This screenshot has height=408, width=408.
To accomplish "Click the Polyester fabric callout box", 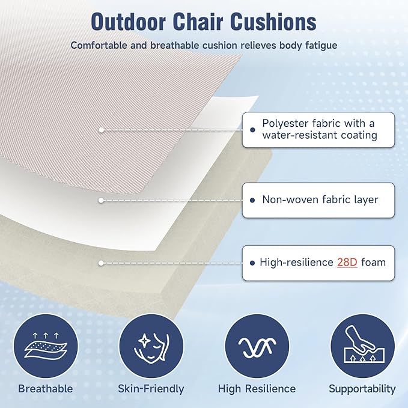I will pyautogui.click(x=318, y=129).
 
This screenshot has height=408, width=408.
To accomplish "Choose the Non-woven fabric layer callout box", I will pyautogui.click(x=318, y=199).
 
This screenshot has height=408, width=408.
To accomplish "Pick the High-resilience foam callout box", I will pyautogui.click(x=318, y=263).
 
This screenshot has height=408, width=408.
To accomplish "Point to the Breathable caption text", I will pyautogui.click(x=45, y=389).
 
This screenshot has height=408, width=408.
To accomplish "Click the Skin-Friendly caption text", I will pyautogui.click(x=151, y=389).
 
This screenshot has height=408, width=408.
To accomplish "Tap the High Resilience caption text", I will pyautogui.click(x=257, y=389).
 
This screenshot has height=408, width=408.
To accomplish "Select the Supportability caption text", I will pyautogui.click(x=362, y=389).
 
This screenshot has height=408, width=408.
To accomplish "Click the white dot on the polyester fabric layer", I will pyautogui.click(x=102, y=129).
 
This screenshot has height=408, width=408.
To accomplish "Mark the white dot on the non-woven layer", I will pyautogui.click(x=102, y=199).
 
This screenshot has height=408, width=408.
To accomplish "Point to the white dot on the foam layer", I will pyautogui.click(x=102, y=263).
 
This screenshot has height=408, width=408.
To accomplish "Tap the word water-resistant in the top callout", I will pyautogui.click(x=298, y=135).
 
